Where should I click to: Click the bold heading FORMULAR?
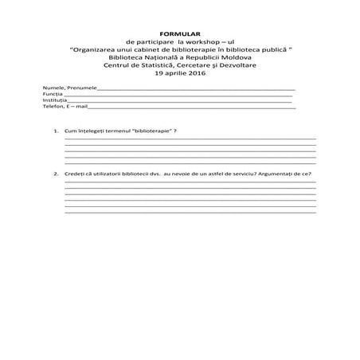point(179,34)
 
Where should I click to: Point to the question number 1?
point(56,131)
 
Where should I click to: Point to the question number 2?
point(56,174)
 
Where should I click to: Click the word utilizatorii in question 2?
point(108,174)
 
